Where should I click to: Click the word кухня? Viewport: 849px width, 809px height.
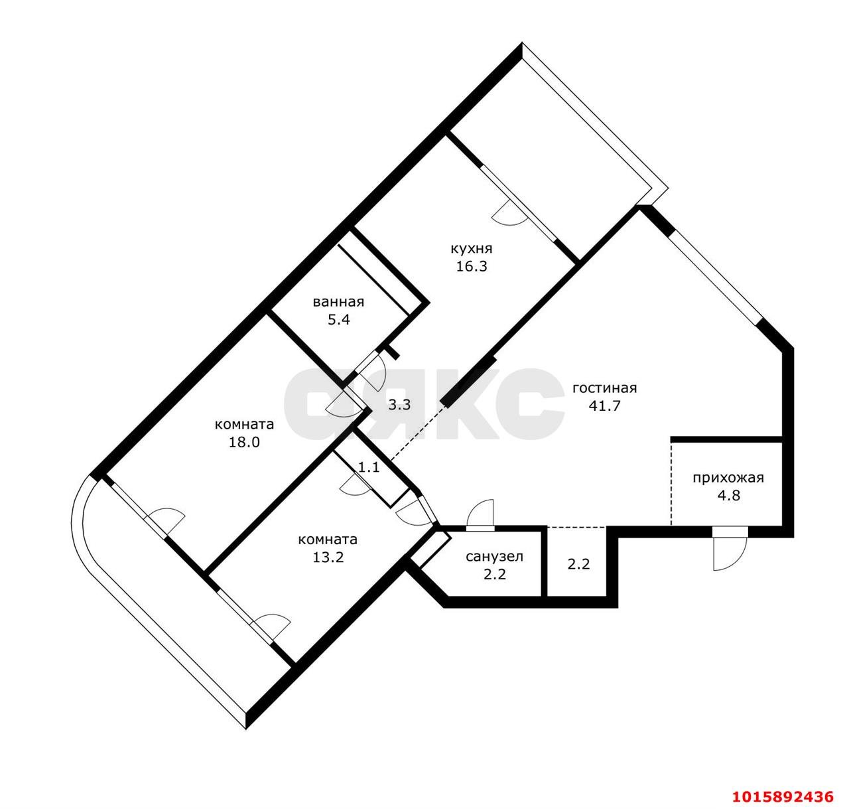click(x=471, y=249)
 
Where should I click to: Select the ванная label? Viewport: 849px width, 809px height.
click(x=338, y=302)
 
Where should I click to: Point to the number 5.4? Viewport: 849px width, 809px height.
click(x=338, y=319)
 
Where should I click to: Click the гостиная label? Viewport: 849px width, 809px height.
click(x=604, y=388)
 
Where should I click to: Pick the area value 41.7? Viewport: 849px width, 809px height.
click(x=604, y=406)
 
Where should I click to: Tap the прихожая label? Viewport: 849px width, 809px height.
click(x=728, y=477)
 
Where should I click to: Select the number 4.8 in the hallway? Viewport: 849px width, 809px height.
click(x=728, y=495)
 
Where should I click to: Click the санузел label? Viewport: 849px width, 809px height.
click(x=494, y=556)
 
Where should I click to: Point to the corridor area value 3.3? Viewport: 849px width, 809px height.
click(x=399, y=404)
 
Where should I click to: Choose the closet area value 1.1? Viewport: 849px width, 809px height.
click(x=369, y=467)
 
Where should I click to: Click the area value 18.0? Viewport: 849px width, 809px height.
click(x=244, y=442)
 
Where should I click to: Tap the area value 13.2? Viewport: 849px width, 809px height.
click(x=328, y=557)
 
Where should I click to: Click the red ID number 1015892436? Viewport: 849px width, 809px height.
click(x=781, y=795)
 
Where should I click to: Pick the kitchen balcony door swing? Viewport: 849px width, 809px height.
click(x=509, y=214)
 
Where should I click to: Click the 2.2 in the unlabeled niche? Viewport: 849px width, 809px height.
click(x=578, y=565)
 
